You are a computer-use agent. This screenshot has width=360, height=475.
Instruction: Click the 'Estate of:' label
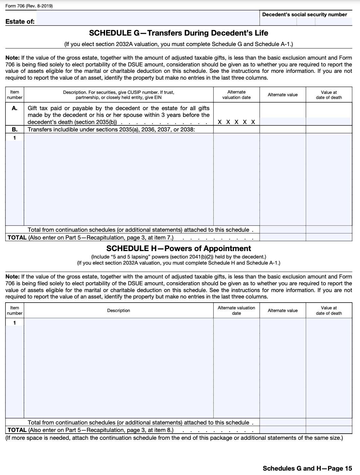[20, 22]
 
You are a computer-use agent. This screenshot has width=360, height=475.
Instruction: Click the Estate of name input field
[148, 18]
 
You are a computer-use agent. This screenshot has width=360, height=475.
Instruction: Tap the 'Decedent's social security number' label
[304, 15]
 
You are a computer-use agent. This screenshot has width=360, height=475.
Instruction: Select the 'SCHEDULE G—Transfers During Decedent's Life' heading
[178, 33]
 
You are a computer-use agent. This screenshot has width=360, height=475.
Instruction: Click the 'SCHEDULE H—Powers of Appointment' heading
[179, 248]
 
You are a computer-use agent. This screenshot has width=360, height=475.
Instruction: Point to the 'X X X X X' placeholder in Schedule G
[236, 122]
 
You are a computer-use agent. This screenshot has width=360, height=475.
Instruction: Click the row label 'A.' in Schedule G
[15, 108]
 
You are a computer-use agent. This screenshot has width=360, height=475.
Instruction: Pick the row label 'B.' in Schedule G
[15, 129]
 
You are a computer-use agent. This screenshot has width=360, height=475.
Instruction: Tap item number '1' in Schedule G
[15, 138]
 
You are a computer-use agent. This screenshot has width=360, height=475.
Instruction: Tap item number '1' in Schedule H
[15, 323]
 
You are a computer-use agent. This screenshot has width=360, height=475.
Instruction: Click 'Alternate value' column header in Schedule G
[282, 95]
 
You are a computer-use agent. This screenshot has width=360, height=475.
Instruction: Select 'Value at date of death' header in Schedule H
[329, 310]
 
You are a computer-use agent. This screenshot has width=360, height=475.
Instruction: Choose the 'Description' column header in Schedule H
[119, 310]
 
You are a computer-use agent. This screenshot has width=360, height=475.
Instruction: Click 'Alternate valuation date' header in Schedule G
[236, 95]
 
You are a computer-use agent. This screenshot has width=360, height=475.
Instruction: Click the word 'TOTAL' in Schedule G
[17, 237]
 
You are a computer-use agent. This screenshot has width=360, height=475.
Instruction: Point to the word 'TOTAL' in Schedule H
[17, 430]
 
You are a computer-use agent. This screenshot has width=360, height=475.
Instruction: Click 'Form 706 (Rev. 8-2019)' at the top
[29, 6]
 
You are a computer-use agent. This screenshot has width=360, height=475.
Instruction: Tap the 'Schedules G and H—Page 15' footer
[307, 468]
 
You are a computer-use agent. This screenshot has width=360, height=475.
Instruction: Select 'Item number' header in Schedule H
[15, 310]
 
